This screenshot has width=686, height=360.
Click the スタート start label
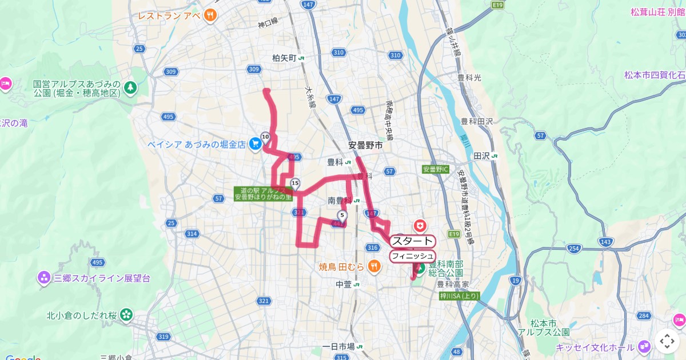click(x=413, y=241)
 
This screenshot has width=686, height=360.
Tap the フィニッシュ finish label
click(x=413, y=256)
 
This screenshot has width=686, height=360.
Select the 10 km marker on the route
click(x=265, y=137)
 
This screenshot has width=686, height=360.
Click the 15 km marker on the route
click(x=295, y=183)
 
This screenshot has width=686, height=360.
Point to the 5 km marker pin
click(x=342, y=216)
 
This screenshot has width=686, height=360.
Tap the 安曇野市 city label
click(x=365, y=145)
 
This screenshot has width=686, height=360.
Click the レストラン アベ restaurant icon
click(x=211, y=15)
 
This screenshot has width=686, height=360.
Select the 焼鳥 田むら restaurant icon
click(x=374, y=265)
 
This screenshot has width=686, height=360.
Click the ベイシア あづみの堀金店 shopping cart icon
click(x=255, y=145)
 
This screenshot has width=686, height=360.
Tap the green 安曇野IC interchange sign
click(x=436, y=170)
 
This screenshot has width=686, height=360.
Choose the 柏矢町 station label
click(x=285, y=58)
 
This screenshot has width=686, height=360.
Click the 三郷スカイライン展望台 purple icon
click(x=44, y=278)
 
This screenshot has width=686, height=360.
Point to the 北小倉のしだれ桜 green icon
click(x=126, y=315)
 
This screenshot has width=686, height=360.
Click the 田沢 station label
click(x=482, y=155)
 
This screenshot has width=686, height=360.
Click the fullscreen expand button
click(x=667, y=341)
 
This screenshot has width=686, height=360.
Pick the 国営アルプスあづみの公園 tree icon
click(x=131, y=87)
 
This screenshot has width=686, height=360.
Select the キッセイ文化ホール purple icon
click(x=645, y=346)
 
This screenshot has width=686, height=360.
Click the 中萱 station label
click(x=344, y=284)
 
